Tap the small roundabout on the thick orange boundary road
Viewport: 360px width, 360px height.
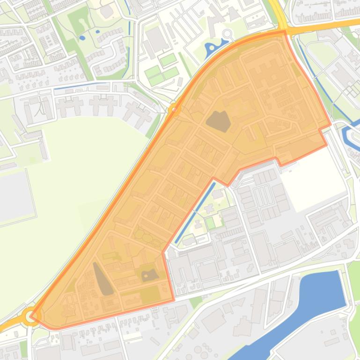(174, 109)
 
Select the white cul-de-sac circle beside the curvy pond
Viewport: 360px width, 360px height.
(228, 34)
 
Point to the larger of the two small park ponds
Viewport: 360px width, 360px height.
(82, 37)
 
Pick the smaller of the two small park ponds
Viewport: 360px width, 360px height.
(97, 32)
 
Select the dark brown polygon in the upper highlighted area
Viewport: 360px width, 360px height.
(218, 121)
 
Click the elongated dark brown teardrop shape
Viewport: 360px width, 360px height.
(103, 279)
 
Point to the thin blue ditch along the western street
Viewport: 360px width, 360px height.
(80, 86)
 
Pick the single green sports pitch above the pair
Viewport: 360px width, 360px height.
(168, 60)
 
